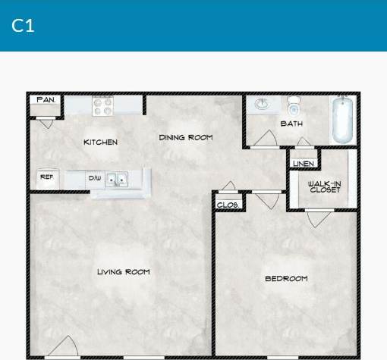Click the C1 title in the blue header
click(23, 25)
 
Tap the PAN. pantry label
click(46, 100)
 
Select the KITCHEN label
click(100, 142)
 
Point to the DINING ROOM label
click(185, 137)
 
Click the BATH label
click(291, 124)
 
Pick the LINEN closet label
click(304, 163)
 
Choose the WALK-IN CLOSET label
click(324, 186)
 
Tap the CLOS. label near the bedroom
click(228, 205)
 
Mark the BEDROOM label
click(286, 278)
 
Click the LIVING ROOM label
click(123, 271)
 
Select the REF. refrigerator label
click(46, 177)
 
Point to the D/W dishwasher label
click(95, 178)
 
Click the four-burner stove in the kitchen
click(102, 105)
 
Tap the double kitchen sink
click(116, 180)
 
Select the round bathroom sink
click(263, 104)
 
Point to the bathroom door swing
click(266, 139)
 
